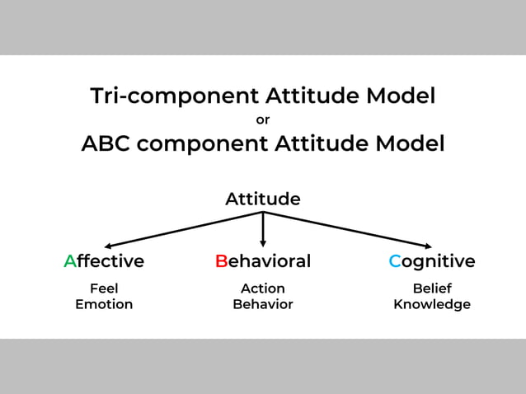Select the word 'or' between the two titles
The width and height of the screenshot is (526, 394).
click(x=263, y=120)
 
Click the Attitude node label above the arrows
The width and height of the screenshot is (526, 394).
click(x=263, y=199)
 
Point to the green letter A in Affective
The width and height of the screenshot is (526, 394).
click(x=70, y=261)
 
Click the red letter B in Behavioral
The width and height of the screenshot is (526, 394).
click(x=221, y=261)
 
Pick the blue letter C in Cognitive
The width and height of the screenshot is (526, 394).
click(x=395, y=261)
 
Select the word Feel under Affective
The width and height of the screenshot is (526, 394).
click(x=104, y=288)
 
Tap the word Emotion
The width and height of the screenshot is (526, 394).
click(x=104, y=304)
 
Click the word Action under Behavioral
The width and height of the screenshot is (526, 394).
click(x=263, y=288)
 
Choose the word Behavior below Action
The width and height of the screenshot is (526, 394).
click(x=263, y=304)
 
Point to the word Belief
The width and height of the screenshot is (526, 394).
click(x=432, y=288)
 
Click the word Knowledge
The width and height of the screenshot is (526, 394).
click(x=432, y=304)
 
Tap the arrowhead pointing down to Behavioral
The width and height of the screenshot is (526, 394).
click(x=263, y=242)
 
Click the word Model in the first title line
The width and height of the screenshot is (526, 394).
click(x=401, y=96)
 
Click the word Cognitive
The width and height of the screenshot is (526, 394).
click(x=432, y=261)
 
